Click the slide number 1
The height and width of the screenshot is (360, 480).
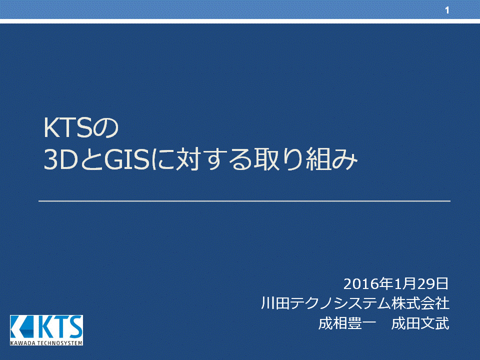coord(447,10)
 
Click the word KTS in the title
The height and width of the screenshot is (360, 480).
coord(68,128)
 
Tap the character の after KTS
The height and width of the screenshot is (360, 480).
coord(105,128)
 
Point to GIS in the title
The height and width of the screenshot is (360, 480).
coord(126,159)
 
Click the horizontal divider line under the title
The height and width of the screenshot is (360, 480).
coord(244,201)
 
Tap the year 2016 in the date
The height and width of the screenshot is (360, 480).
coord(361,284)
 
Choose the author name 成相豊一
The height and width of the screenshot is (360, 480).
coord(347,323)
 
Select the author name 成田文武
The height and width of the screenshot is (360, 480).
coord(420,323)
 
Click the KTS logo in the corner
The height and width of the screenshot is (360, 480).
coord(46,330)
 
